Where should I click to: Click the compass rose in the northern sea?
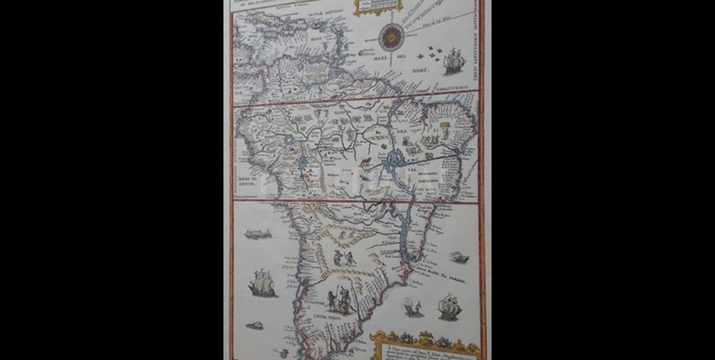pyautogui.click(x=391, y=38)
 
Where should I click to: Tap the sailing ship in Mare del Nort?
pyautogui.click(x=453, y=61)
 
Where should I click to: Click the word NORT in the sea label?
pyautogui.click(x=421, y=70)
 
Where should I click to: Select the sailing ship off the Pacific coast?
pyautogui.click(x=261, y=284)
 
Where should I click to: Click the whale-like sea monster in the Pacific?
pyautogui.click(x=257, y=234)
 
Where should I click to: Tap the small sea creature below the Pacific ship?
pyautogui.click(x=254, y=326)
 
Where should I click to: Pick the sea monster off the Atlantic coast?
pyautogui.click(x=458, y=257)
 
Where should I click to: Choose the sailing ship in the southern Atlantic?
pyautogui.click(x=449, y=308)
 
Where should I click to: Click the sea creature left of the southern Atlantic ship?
pyautogui.click(x=414, y=309)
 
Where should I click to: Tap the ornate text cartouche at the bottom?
pyautogui.click(x=425, y=346)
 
